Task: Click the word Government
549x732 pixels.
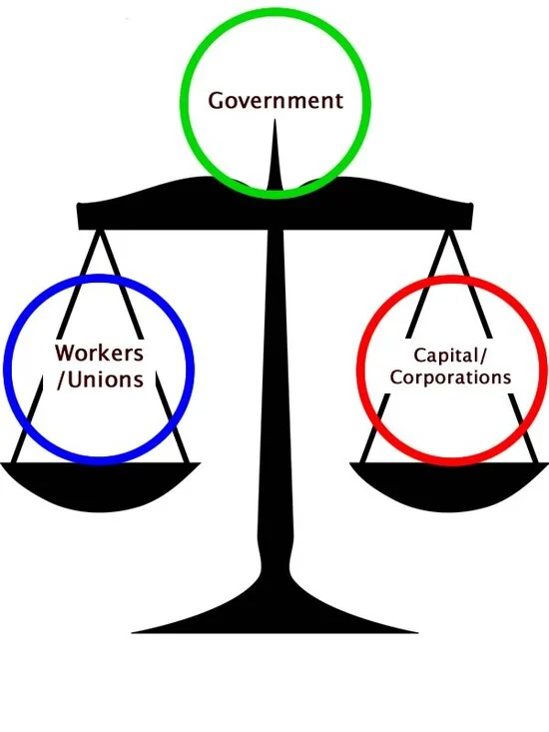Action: pos(275,101)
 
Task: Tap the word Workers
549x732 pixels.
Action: pos(99,353)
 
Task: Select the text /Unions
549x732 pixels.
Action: pos(100,379)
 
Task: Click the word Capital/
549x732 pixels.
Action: pos(450,356)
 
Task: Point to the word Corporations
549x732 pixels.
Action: pos(450,377)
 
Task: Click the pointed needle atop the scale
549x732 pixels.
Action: pos(274,154)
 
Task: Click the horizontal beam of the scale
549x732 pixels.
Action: pos(274,213)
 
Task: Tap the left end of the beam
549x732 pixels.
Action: pos(78,216)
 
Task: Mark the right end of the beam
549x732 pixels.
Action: pos(471,216)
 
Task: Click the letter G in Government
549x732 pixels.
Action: pos(216,101)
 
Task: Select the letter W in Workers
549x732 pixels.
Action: pos(65,353)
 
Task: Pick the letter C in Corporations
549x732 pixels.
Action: pos(396,377)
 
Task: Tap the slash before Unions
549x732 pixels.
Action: pos(61,380)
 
